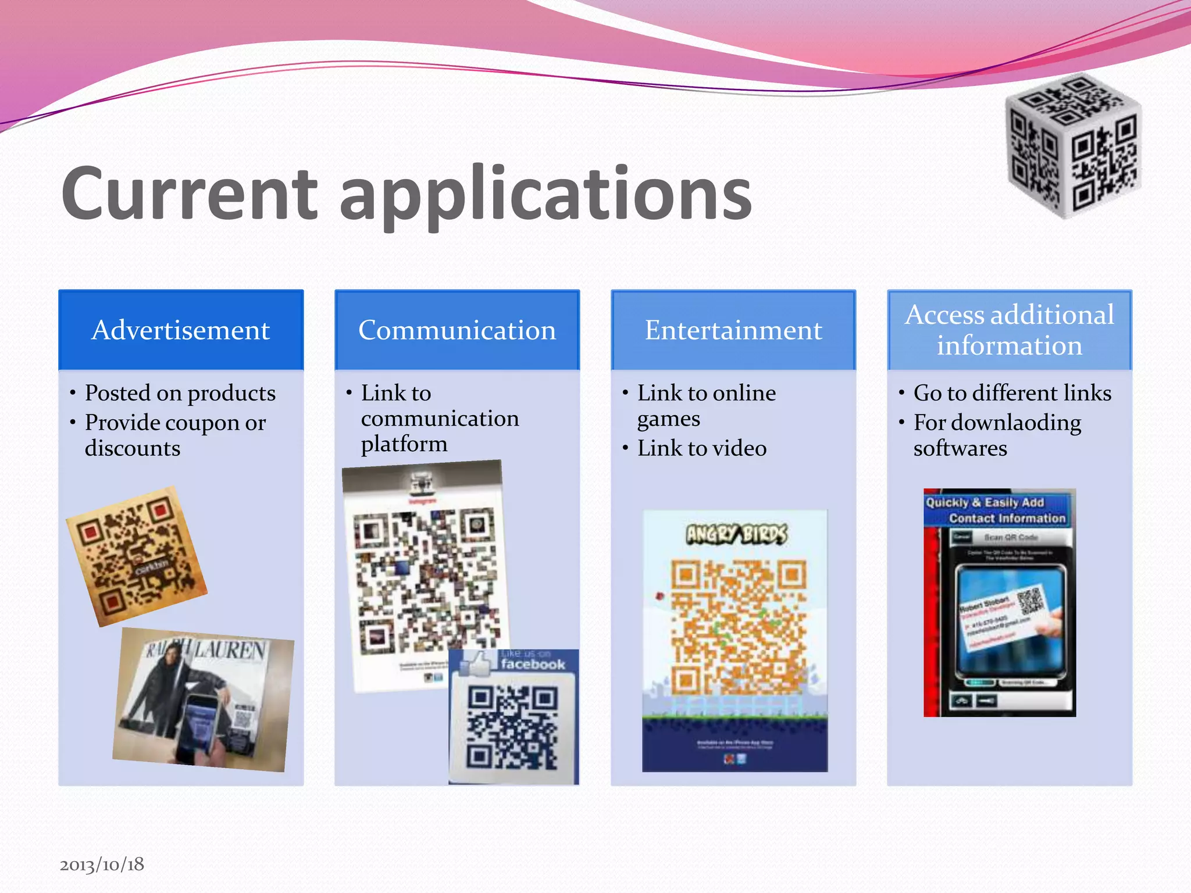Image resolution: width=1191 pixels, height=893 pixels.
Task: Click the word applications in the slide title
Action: (x=545, y=195)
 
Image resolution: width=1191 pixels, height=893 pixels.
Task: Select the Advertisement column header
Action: (x=181, y=330)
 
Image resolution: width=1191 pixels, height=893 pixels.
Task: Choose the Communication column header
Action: (x=457, y=330)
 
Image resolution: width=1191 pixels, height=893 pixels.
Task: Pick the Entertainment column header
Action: (x=733, y=330)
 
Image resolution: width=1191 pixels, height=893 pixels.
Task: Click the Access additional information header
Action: (x=1010, y=330)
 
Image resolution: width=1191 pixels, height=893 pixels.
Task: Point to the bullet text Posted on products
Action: (x=180, y=394)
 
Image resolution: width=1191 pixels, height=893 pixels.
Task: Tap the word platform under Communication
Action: (x=404, y=444)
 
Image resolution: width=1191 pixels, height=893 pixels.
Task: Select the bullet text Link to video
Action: (x=702, y=448)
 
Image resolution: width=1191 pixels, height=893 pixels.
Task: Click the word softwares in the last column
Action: (x=960, y=448)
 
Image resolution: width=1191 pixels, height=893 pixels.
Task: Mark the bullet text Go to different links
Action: (x=1012, y=394)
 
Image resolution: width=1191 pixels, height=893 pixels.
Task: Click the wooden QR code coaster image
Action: (x=137, y=557)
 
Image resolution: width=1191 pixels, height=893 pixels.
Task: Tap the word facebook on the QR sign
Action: (x=533, y=665)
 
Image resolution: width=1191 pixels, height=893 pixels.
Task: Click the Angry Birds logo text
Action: (x=736, y=534)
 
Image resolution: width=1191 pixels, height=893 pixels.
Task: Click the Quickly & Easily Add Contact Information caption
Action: (x=996, y=510)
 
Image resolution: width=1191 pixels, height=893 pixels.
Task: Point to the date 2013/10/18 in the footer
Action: (x=102, y=865)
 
